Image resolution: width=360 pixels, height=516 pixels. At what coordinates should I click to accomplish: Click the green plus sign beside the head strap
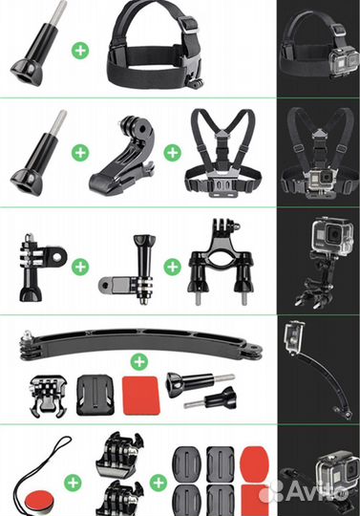[x=80, y=51]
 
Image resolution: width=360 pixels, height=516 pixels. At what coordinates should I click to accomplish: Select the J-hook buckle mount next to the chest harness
[x=123, y=157]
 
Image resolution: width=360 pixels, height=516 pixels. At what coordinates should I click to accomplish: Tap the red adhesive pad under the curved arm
[x=141, y=396]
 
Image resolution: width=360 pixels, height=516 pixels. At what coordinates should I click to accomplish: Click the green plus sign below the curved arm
[x=139, y=362]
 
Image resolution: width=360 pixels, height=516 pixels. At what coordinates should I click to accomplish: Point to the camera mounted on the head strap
[x=345, y=61]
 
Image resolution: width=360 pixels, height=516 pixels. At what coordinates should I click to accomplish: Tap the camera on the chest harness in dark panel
[x=321, y=180]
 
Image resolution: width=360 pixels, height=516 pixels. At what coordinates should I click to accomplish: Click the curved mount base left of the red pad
[x=95, y=395]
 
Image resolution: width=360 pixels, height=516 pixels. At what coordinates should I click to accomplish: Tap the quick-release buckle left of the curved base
[x=49, y=396]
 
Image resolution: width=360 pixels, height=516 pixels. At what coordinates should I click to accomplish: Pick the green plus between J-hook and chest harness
[x=172, y=153]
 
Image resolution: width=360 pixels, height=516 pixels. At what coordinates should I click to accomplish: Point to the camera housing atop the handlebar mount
[x=332, y=234]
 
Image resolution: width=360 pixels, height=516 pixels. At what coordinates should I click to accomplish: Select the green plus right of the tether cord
[x=73, y=483]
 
